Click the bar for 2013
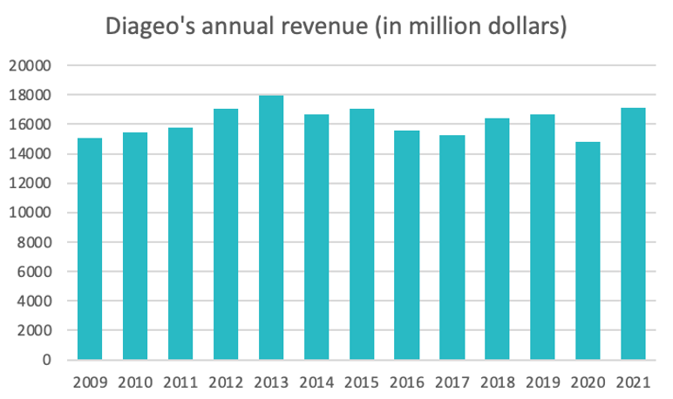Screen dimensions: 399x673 pyautogui.click(x=271, y=227)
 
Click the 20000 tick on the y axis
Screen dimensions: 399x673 pyautogui.click(x=32, y=65)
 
